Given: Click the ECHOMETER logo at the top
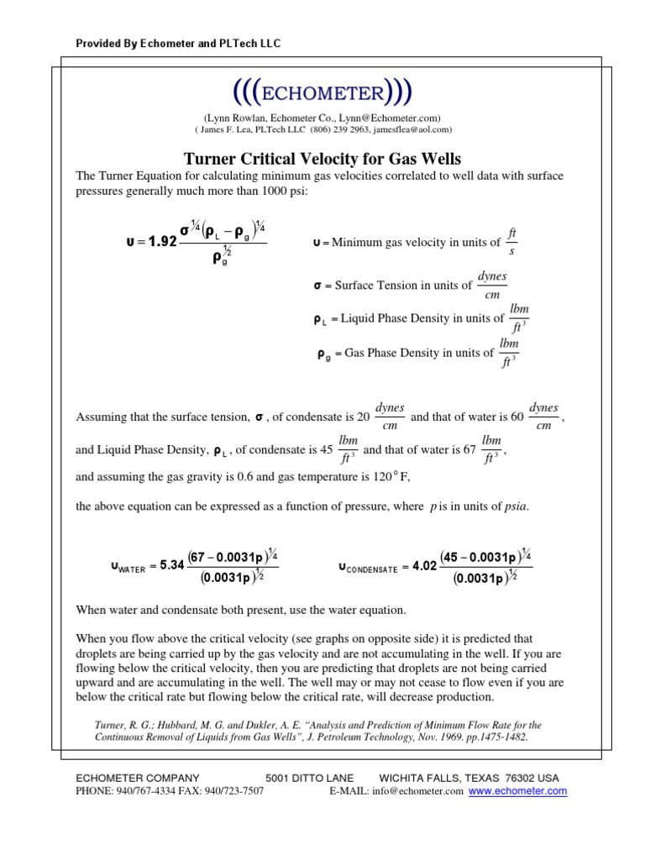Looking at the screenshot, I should (322, 91).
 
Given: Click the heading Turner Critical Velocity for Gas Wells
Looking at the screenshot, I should (322, 158).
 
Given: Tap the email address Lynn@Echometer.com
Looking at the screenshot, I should (392, 118).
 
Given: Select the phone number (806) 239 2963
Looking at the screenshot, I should (352, 130).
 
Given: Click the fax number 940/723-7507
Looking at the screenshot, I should (229, 791).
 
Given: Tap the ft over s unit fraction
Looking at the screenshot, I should (511, 241).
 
